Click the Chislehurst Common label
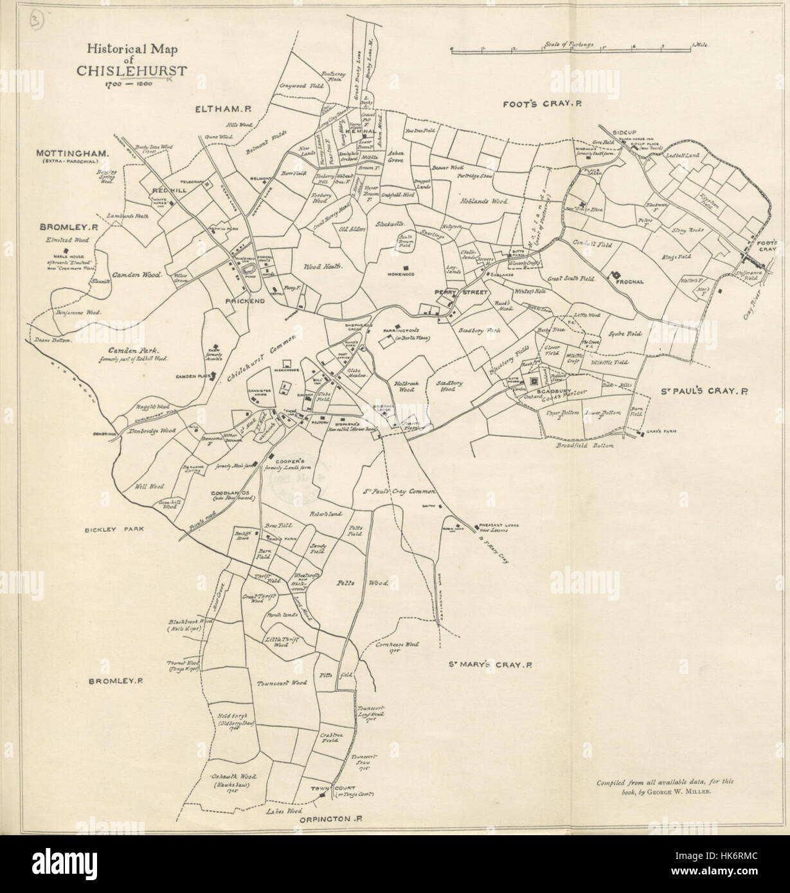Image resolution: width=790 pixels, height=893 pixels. click(x=263, y=359)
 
